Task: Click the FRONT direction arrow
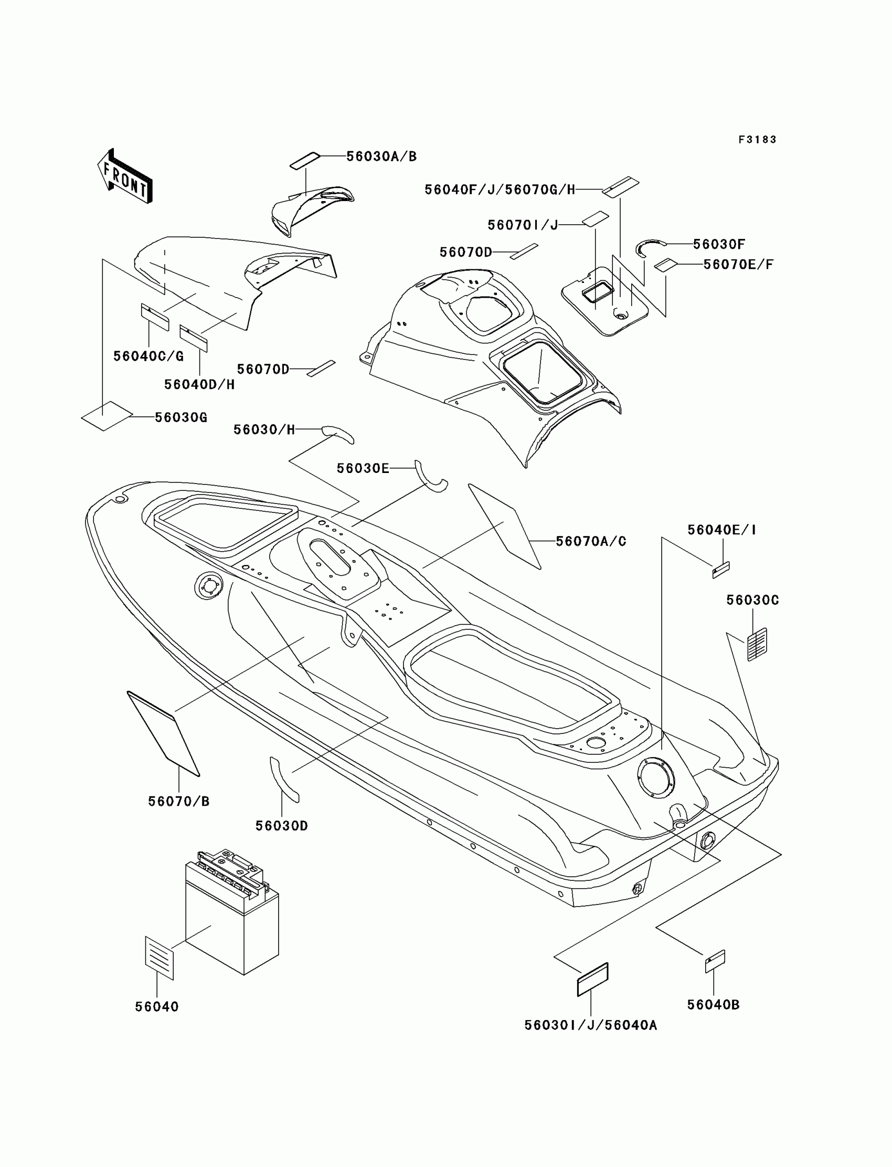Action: coord(125,176)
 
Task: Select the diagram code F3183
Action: coord(757,140)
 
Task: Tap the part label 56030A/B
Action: coord(381,156)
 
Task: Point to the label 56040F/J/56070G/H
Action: coord(500,190)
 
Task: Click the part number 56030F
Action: coord(719,244)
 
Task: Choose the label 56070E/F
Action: coord(738,264)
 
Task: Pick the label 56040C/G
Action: coord(148,356)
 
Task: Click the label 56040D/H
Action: coord(199,384)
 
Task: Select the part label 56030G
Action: coord(180,417)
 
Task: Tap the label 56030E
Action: coord(363,468)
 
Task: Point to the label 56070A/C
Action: coord(591,541)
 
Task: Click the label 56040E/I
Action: coord(721,530)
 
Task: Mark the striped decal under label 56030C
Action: coord(757,644)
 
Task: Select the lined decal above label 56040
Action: coord(159,958)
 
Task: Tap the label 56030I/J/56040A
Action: coord(590,1025)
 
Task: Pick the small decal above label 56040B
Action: coord(715,961)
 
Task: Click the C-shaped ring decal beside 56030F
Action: coord(650,248)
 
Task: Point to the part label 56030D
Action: coord(281,826)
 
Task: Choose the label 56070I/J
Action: coord(523,225)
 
